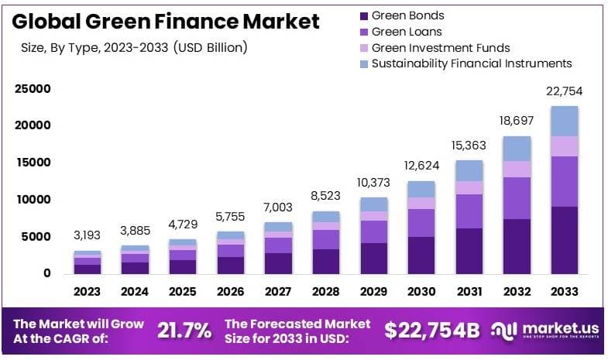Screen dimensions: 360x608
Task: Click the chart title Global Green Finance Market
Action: coord(167,21)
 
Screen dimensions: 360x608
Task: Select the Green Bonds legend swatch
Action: coord(363,15)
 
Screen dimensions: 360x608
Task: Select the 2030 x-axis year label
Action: coord(421,291)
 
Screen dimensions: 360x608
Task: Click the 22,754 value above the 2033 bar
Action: coord(564,91)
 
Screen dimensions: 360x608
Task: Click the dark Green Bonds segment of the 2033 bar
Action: coord(564,240)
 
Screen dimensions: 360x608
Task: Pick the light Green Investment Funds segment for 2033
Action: coord(564,146)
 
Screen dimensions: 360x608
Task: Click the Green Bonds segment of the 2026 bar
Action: coord(231,265)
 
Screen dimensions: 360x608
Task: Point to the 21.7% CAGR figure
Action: coord(184,331)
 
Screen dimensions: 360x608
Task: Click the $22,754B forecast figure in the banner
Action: coord(432,331)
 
